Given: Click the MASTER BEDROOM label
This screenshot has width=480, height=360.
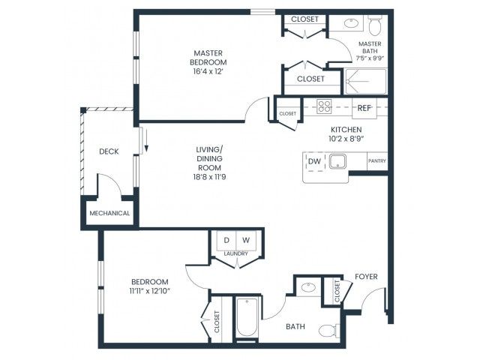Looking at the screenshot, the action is [208, 58].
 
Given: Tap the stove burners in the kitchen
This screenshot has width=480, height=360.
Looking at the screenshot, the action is [324, 106].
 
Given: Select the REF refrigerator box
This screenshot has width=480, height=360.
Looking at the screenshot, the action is [364, 108].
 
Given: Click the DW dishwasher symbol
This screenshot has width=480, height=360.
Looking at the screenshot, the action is [314, 162].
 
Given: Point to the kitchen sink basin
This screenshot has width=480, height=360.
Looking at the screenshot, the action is [337, 161].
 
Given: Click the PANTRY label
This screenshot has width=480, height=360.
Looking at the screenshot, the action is [377, 160].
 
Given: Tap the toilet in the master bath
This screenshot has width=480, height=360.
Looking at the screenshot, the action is [374, 25].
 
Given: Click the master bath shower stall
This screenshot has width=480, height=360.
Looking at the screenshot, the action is [366, 81].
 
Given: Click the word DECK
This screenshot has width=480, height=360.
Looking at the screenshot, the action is [109, 151].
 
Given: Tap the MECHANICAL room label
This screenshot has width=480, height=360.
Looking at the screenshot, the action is [109, 213].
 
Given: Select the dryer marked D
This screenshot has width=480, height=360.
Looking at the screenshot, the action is [226, 240].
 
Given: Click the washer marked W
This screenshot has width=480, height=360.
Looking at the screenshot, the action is [246, 240].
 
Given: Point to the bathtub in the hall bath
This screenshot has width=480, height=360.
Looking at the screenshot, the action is [247, 317].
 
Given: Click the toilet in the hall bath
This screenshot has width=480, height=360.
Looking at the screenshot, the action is [329, 331].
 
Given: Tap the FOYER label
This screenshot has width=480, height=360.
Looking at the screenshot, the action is [366, 277].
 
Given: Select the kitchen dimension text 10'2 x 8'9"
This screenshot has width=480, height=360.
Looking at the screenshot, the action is [346, 139].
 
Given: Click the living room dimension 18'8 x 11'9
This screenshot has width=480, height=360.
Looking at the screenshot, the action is [210, 177].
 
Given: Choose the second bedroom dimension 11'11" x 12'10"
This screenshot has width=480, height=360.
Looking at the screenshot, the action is [150, 291].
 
